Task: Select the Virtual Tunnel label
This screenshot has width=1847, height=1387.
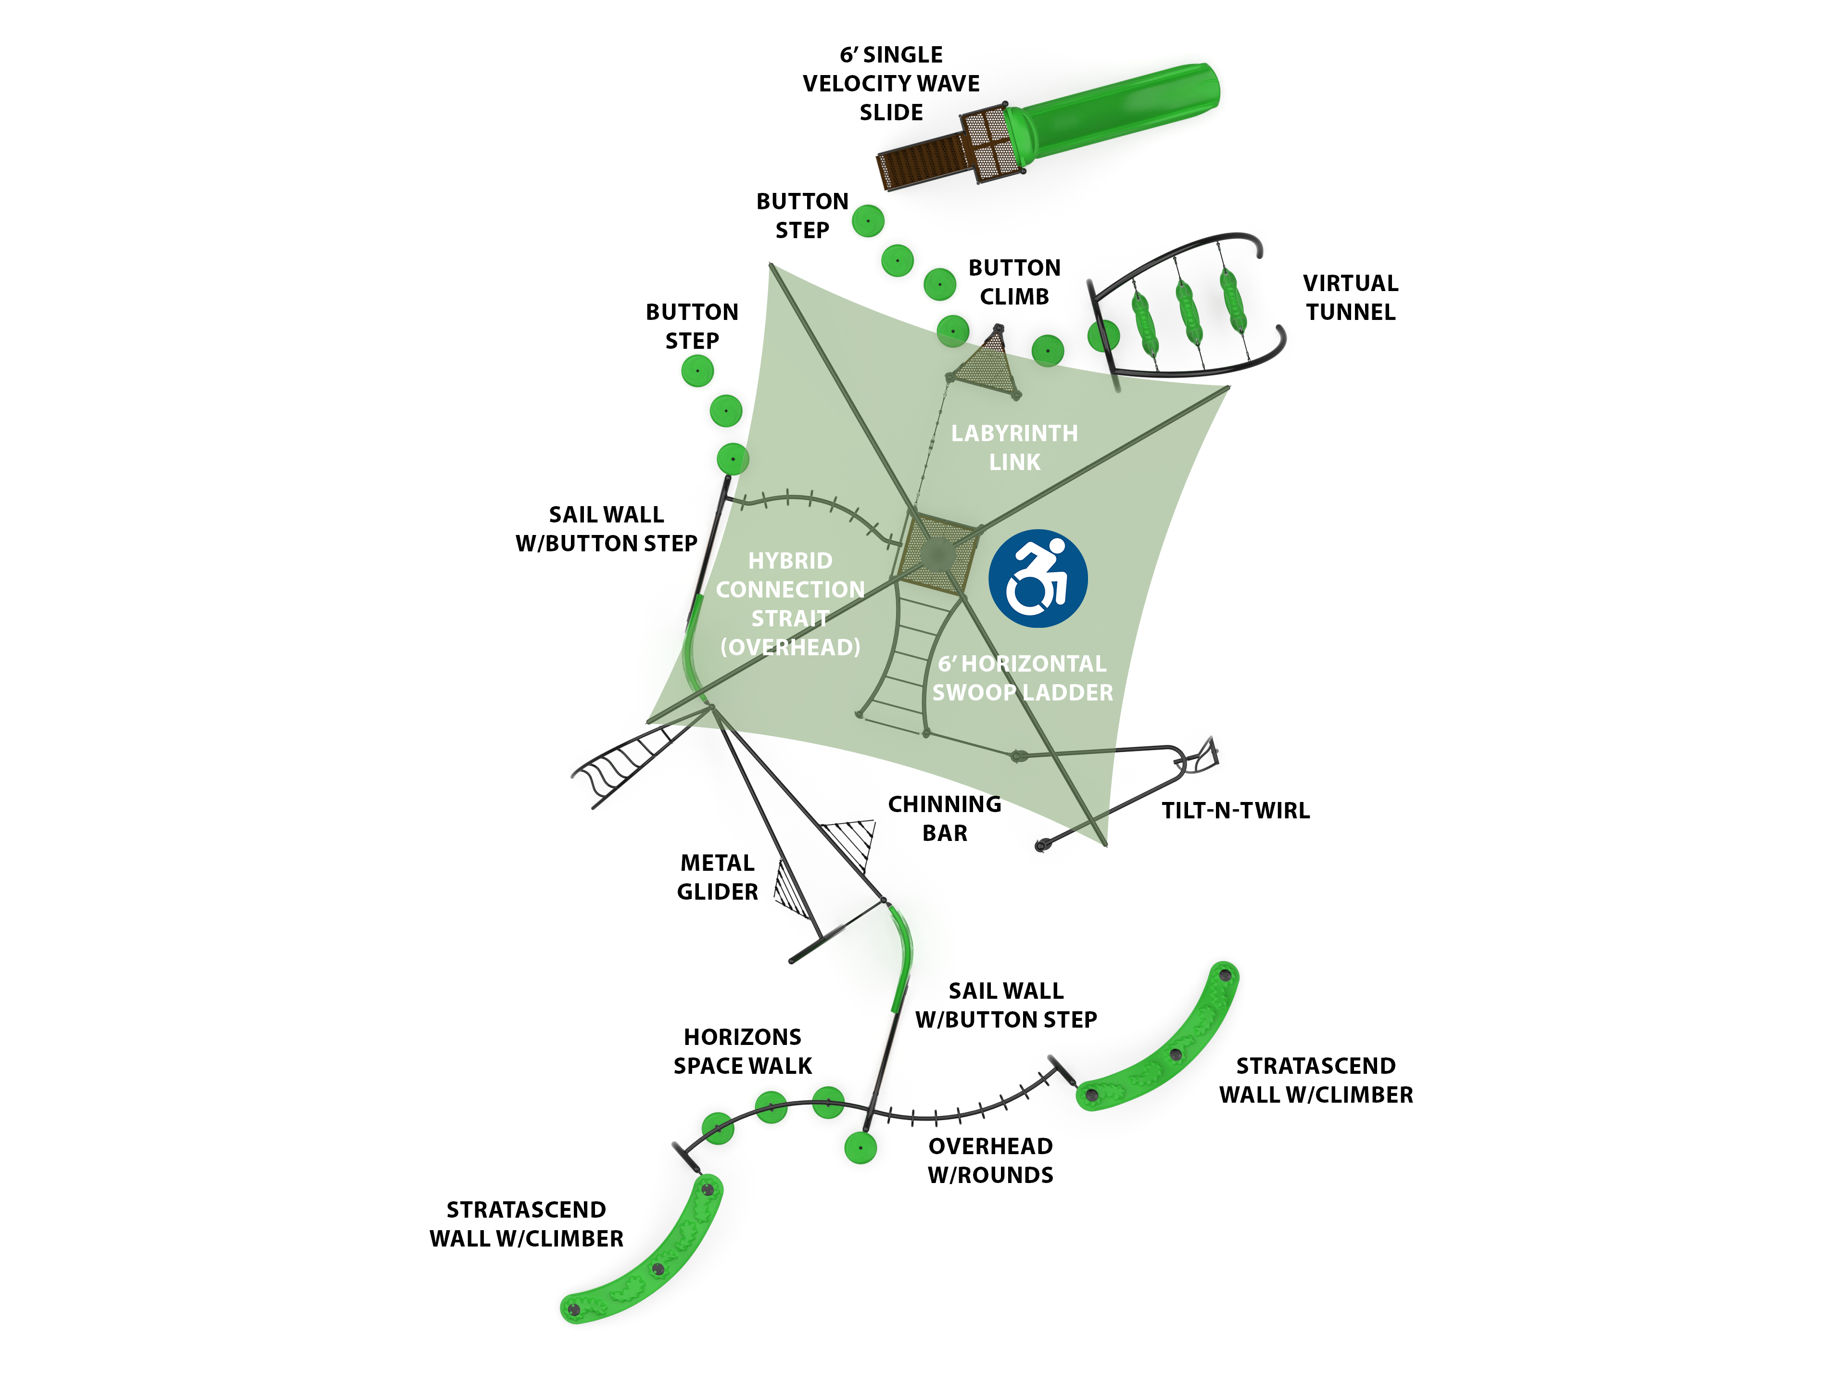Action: pos(1350,297)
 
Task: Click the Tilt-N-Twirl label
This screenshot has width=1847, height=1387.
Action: pos(1235,810)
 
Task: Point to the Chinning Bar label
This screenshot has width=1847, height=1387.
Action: pos(944,818)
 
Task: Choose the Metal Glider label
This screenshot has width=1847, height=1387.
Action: pos(717,877)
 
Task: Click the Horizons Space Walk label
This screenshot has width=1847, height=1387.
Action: pos(742,1051)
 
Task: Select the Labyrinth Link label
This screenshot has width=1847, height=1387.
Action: pos(1014,447)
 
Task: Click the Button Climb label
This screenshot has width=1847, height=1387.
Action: pos(1014,282)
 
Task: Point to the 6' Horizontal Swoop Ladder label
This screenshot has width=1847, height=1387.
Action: pos(1022,678)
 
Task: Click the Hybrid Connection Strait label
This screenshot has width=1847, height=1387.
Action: pos(790,603)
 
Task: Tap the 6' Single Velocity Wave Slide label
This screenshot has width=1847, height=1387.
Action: pos(891,84)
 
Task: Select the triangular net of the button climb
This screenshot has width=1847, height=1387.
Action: pos(989,365)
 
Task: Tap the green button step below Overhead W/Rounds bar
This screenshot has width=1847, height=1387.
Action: pos(860,1147)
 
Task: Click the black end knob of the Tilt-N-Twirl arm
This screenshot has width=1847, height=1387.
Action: pos(1040,846)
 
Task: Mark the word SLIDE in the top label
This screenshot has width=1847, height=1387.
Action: pos(891,113)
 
